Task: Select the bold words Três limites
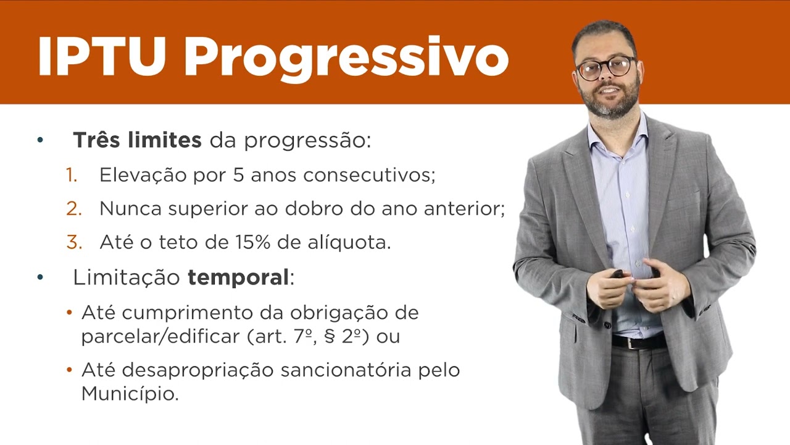click(x=137, y=140)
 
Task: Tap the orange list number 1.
click(x=72, y=176)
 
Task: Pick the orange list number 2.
click(x=74, y=209)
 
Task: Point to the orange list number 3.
click(x=74, y=242)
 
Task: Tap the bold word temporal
click(x=238, y=278)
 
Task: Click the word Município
click(x=130, y=394)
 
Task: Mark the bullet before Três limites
click(x=41, y=140)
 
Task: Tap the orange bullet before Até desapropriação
click(x=70, y=371)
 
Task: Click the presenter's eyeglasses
click(x=605, y=67)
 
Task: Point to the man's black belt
click(x=639, y=341)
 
